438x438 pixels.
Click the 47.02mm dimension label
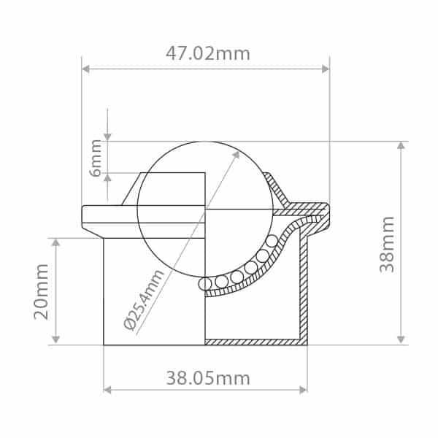207,54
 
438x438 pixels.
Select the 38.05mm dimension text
207,378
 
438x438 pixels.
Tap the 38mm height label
387,244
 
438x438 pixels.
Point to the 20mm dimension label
42,291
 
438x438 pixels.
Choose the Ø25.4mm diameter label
145,299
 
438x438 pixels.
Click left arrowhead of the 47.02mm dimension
85,69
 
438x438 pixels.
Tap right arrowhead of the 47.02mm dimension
326,69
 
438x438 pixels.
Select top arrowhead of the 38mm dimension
400,145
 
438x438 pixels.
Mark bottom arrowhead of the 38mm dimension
400,339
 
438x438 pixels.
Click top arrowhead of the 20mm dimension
56,242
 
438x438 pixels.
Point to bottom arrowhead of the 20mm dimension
56,339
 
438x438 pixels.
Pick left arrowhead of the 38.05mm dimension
108,390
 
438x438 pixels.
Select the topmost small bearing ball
272,241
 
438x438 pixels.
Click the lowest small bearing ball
205,284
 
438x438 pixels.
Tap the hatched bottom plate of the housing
253,342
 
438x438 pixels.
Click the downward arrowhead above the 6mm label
107,137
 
